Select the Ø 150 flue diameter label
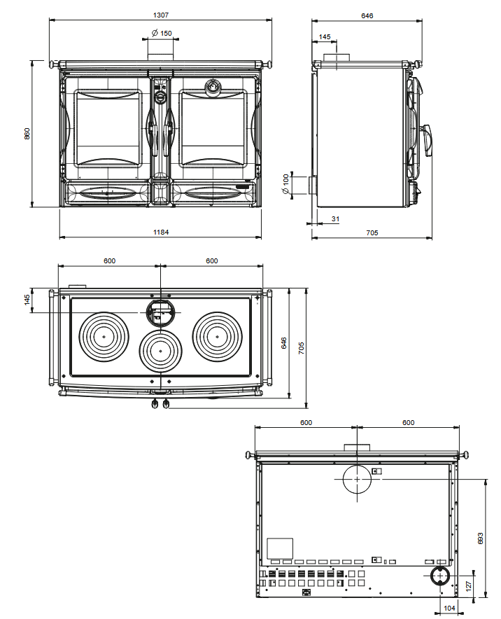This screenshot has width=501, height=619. pyautogui.click(x=162, y=33)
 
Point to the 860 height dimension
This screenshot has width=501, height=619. pyautogui.click(x=27, y=133)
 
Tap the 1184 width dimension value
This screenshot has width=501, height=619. pyautogui.click(x=161, y=232)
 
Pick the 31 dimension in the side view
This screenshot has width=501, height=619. pyautogui.click(x=335, y=219)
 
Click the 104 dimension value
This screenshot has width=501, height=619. pyautogui.click(x=449, y=608)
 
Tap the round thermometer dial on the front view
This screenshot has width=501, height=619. pyautogui.click(x=211, y=87)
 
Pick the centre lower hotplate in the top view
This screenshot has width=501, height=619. pyautogui.click(x=161, y=350)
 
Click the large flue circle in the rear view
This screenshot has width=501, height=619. pyautogui.click(x=357, y=479)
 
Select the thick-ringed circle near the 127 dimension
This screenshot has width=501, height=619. pyautogui.click(x=440, y=576)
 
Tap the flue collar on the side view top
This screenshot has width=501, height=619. pyautogui.click(x=337, y=57)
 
